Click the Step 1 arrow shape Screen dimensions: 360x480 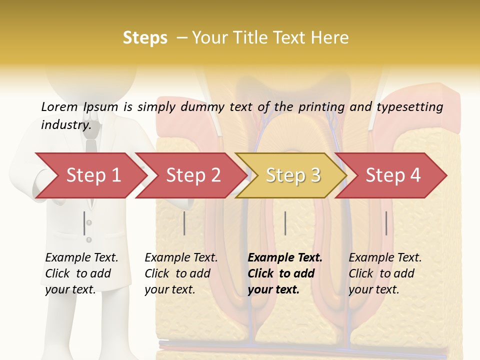pos(90,175)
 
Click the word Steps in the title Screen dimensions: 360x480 pos(145,38)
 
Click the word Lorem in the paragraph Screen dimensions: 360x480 pos(59,106)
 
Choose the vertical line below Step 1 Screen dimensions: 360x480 pos(84,223)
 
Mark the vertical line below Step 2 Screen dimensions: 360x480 pos(184,223)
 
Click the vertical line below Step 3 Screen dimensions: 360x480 pos(285,223)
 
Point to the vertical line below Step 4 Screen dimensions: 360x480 pos(386,223)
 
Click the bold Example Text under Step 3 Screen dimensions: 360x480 pos(285,257)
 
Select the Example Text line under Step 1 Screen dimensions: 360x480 pos(81,257)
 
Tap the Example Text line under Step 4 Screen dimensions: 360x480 pos(385,257)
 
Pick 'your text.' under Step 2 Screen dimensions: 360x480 pos(170,289)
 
